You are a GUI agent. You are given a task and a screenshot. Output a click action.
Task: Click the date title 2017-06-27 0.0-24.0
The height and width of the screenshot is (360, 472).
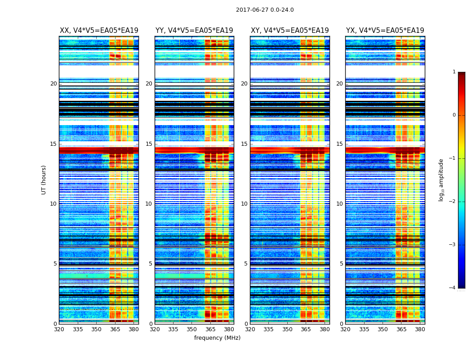[x=265, y=10]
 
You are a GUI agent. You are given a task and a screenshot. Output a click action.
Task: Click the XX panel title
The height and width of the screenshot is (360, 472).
[x=99, y=31]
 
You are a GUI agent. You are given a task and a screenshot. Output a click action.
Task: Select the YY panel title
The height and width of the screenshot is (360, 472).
[x=194, y=31]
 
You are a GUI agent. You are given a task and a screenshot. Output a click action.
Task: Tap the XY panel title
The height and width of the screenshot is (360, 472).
[x=290, y=31]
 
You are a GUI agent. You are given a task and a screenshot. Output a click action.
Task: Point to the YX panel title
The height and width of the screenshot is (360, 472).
[x=385, y=31]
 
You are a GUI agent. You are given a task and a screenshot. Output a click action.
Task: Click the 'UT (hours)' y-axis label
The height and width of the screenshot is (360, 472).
[x=44, y=180]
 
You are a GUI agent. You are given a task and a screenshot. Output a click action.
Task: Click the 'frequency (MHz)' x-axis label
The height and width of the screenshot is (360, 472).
[x=217, y=338]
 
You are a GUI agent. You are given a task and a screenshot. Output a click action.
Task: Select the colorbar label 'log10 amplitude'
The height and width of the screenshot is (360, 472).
[x=441, y=180]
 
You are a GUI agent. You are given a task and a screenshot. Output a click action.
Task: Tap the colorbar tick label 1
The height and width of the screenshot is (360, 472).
[x=454, y=72]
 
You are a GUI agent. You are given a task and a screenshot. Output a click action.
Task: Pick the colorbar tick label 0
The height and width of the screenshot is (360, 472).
[x=454, y=115]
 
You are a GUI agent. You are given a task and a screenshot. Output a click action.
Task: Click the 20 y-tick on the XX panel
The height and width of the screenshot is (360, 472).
[x=53, y=84]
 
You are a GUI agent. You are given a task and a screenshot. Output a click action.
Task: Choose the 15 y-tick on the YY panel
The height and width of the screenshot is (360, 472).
[x=149, y=144]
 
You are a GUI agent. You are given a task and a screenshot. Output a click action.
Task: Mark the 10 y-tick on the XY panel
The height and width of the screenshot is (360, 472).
[x=244, y=204]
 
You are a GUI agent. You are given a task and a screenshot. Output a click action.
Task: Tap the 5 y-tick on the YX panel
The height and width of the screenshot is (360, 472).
[x=341, y=264]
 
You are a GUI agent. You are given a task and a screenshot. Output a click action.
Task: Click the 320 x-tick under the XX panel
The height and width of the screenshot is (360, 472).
[x=59, y=329]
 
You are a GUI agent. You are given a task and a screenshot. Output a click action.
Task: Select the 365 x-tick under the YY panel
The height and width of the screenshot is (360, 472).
[x=210, y=329]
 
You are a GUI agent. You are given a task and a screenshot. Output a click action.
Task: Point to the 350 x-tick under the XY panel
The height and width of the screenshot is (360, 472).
[x=287, y=329]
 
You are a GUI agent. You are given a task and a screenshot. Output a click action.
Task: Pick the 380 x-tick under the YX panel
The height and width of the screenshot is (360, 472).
[x=420, y=329]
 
